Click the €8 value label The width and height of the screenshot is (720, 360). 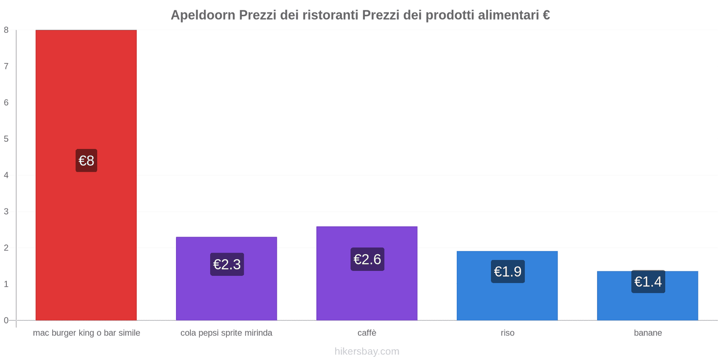[x=86, y=161]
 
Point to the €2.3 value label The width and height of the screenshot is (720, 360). [x=227, y=264]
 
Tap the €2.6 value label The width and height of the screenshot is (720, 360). [x=367, y=259]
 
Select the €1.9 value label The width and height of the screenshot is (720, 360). [x=508, y=271]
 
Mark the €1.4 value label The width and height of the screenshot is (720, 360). [x=648, y=282]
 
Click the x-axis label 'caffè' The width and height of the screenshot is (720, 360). [x=367, y=333]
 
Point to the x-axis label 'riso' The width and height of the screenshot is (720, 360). [x=508, y=333]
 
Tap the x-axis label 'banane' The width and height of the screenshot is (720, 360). [x=648, y=333]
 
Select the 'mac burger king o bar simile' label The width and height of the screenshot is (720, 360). [x=86, y=333]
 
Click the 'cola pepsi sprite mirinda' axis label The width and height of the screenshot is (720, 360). [x=226, y=333]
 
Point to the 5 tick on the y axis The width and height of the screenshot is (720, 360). [x=6, y=139]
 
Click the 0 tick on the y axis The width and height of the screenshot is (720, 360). [x=6, y=320]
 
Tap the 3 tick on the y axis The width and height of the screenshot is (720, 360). [x=6, y=211]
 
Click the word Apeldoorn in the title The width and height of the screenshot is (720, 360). [x=203, y=15]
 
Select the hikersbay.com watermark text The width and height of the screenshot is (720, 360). [x=367, y=351]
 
